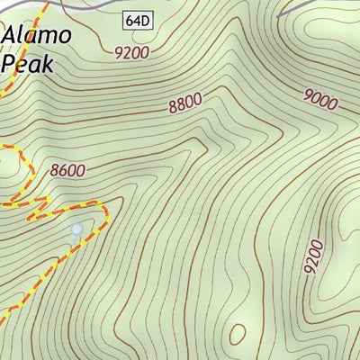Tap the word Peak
point(29,64)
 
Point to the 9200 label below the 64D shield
point(131,51)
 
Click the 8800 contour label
point(184,103)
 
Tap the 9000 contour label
point(319,99)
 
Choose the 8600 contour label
point(68,169)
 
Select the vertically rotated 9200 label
point(314,257)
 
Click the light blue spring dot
point(76,230)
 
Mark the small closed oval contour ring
point(238,334)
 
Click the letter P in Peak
point(10,64)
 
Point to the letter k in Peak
point(49,64)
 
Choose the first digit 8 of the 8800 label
point(171,108)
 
